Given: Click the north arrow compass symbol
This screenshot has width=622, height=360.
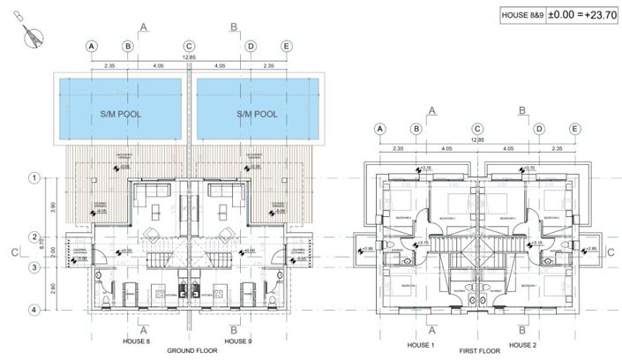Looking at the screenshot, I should [33, 36].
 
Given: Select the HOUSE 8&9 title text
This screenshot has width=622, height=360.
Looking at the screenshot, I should [519, 14].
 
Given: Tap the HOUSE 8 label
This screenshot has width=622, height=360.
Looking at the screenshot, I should [135, 339].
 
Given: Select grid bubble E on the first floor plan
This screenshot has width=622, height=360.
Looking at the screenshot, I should [574, 129].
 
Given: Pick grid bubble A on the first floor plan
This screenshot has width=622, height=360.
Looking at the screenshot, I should [380, 129].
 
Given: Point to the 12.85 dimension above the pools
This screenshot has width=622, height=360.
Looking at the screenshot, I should [189, 58].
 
